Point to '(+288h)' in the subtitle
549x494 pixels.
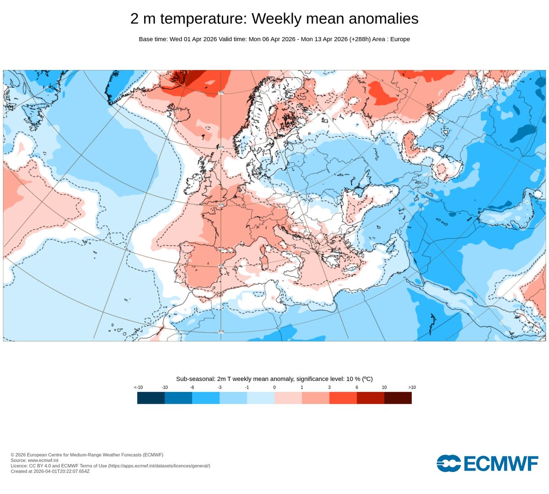(360, 39)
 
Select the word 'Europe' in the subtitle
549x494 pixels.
(400, 39)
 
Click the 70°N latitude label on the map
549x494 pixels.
(221, 93)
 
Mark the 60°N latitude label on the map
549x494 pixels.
(221, 147)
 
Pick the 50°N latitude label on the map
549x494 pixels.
(221, 204)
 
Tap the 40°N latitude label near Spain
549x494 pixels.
(221, 265)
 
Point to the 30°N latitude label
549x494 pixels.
(221, 332)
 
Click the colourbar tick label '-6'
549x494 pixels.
(192, 387)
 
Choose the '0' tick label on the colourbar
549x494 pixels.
(274, 387)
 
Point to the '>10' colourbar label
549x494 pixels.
(412, 387)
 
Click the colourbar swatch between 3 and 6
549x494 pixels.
(343, 398)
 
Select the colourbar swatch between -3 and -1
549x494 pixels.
(233, 398)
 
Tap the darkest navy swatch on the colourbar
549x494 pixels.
(151, 398)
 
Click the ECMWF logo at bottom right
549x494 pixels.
(487, 463)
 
